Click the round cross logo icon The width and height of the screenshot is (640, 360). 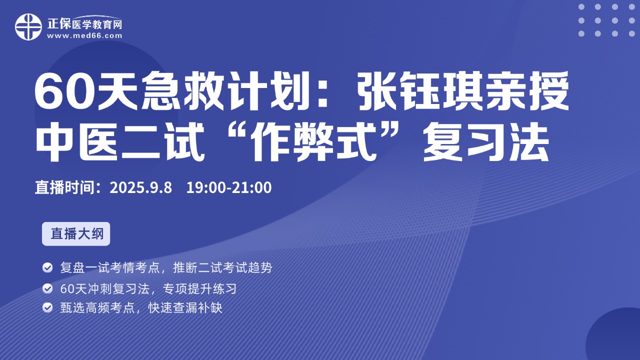click(28, 27)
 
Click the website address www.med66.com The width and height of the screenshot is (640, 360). click(84, 35)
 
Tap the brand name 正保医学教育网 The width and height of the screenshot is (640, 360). click(84, 23)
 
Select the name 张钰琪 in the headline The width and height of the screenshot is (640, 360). click(421, 90)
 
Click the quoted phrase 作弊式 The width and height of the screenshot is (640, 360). click(313, 141)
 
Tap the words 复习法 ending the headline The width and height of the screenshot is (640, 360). click(485, 141)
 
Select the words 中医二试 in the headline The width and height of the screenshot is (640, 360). click(120, 141)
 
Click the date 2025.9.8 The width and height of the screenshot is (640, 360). click(141, 187)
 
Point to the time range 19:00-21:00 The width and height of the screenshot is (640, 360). click(229, 187)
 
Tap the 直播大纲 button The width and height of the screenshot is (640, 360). click(76, 233)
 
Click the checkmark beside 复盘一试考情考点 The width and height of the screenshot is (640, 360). click(47, 267)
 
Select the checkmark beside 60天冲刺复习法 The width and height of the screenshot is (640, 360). click(47, 288)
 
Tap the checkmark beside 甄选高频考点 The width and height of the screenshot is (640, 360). click(47, 307)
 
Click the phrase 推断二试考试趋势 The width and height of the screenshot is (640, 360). click(222, 267)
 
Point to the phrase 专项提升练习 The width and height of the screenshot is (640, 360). click(199, 289)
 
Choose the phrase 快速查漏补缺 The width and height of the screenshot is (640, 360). click(185, 308)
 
